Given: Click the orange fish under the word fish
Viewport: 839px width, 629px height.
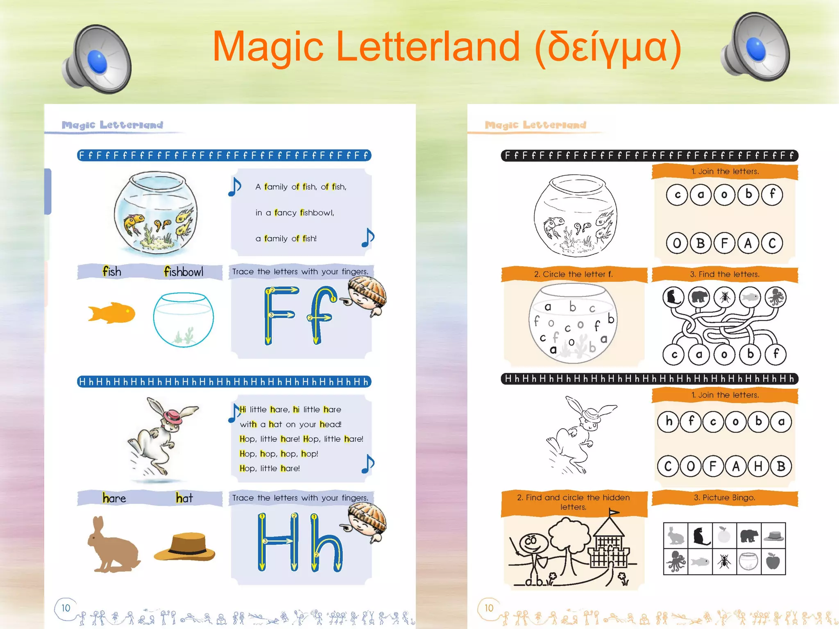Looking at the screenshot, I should [111, 313].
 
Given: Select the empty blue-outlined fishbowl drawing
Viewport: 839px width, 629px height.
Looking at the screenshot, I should [183, 319].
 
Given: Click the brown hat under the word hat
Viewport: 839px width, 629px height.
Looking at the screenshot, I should [185, 546].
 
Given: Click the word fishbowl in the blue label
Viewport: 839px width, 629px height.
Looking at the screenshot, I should [183, 272].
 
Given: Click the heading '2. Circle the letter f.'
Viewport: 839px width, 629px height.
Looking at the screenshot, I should [573, 274].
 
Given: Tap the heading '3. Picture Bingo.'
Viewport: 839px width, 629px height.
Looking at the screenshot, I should [724, 498].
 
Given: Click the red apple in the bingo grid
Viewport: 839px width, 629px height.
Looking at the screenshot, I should [773, 561].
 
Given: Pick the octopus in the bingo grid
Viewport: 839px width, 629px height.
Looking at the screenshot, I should [676, 561].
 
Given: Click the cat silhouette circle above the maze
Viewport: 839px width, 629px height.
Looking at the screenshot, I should [673, 297].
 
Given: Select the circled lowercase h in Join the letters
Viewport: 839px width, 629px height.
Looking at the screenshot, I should [669, 421].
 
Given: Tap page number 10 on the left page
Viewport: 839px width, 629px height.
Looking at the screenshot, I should [66, 608].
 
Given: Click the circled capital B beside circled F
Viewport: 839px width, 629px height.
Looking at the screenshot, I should [701, 243].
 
